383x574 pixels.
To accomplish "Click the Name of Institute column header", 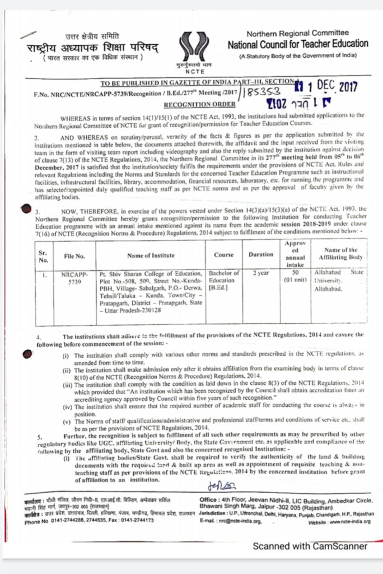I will tap(151, 256).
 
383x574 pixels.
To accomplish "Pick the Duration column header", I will tap(261, 254).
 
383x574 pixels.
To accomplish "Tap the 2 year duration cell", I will tap(260, 274).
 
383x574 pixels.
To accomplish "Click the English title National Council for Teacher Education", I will tap(298, 44).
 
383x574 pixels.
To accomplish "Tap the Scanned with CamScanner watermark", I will tap(310, 545).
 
